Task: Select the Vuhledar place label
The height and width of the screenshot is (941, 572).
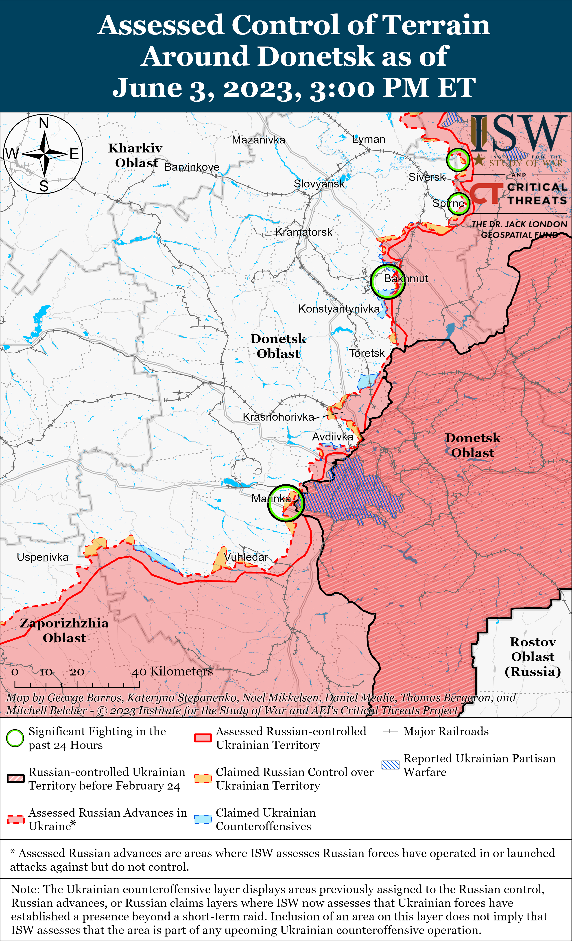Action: point(246,557)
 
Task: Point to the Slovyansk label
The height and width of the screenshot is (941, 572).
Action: point(319,184)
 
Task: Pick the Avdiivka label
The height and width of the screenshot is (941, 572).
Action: point(333,437)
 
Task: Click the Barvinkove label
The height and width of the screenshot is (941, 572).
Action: point(192,167)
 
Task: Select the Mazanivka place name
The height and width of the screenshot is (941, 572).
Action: point(258,140)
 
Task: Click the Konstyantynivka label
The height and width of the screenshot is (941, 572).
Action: point(339,309)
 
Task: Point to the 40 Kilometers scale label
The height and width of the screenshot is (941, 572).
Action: point(172,671)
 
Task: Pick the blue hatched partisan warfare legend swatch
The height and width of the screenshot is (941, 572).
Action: point(390,765)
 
